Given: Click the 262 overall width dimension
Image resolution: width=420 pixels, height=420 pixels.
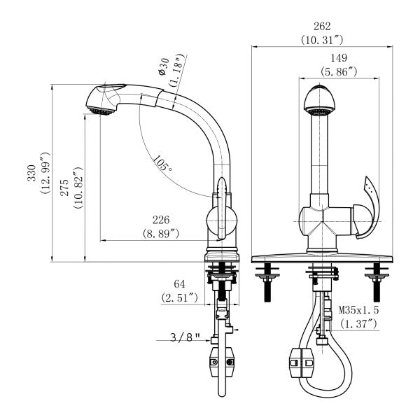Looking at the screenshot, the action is click(x=322, y=27).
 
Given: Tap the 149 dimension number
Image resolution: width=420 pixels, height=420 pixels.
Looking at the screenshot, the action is click(x=339, y=58).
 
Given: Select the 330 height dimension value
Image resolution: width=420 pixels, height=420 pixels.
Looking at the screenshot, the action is click(x=31, y=173).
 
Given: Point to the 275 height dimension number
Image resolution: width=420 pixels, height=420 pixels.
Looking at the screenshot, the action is click(x=64, y=188).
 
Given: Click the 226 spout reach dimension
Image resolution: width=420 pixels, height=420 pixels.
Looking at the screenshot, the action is click(x=161, y=220).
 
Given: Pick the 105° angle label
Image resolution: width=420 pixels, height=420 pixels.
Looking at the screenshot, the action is click(x=163, y=163).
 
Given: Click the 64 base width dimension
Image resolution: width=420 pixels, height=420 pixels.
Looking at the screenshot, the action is click(x=179, y=283).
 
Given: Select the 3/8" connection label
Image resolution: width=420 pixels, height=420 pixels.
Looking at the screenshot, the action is click(x=185, y=337).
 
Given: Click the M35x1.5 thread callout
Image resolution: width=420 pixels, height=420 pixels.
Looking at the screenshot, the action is click(x=359, y=310).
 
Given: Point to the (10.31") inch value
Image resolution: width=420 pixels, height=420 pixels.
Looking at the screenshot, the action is click(x=321, y=40).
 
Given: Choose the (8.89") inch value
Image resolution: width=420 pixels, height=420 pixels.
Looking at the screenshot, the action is click(x=161, y=234).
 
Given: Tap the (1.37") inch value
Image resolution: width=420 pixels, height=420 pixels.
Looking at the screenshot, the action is click(x=359, y=324).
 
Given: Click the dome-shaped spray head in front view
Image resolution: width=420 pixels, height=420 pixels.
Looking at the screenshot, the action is click(x=318, y=101).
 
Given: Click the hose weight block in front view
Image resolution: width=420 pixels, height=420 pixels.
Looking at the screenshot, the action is click(x=302, y=363).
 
